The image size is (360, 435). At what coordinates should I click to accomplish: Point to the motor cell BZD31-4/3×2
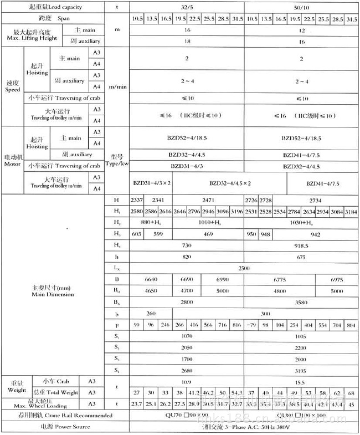(x=151, y=183)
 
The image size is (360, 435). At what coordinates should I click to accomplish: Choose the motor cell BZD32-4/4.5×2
(x=230, y=183)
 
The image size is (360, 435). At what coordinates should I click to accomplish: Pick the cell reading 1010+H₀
(x=208, y=222)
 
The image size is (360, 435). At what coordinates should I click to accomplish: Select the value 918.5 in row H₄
(x=301, y=245)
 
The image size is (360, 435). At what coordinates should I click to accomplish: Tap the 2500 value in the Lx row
(x=243, y=268)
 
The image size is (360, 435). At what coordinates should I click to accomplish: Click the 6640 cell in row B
(x=151, y=279)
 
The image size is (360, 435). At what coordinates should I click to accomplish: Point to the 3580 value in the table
(x=301, y=303)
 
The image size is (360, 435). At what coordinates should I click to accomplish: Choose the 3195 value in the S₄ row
(x=301, y=371)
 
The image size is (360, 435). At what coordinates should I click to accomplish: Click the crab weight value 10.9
(x=187, y=382)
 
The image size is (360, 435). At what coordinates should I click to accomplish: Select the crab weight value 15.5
(x=301, y=382)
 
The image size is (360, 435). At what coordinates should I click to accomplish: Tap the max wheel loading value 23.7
(x=136, y=404)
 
